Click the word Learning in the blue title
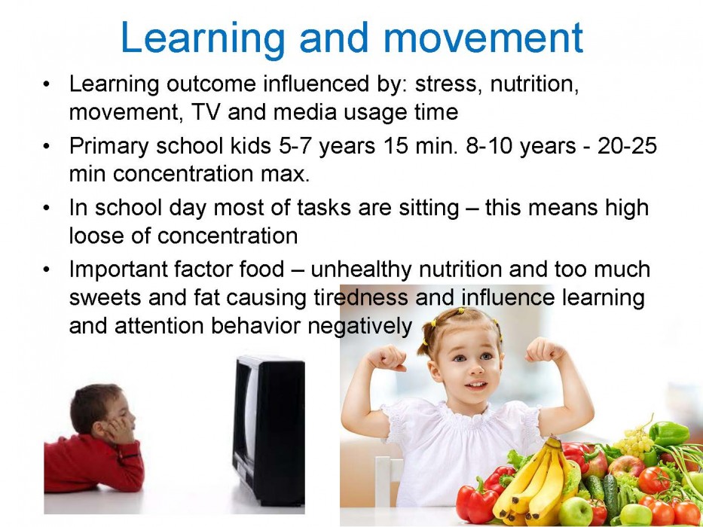203,39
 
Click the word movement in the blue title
483,38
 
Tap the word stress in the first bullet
446,84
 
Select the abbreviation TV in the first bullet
206,111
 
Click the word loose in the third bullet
96,235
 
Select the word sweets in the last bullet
105,297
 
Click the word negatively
359,327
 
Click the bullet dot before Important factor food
46,270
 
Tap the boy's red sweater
93,463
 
